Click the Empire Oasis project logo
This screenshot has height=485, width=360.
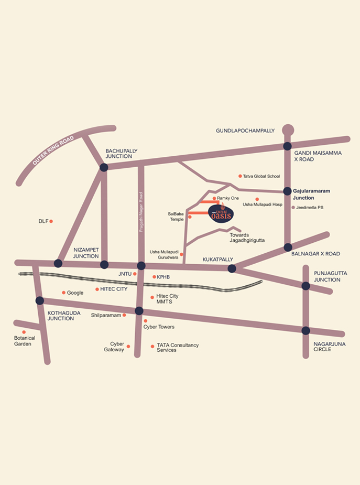coord(220,214)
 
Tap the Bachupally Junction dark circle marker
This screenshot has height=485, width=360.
coord(104,167)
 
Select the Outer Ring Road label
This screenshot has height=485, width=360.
coord(52,151)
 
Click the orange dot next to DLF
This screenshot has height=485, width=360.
coord(51,221)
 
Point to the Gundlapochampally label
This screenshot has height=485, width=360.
coord(245,131)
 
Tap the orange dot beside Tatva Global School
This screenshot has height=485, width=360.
coord(240,176)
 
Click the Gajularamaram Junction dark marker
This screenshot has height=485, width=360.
coord(287,191)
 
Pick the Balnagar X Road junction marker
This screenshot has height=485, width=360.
coord(288,247)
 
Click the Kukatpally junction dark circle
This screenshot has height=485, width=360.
coord(232,268)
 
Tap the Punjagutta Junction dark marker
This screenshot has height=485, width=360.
coord(306,286)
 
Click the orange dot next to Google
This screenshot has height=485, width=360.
coord(63,293)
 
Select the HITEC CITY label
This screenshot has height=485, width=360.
coord(114,289)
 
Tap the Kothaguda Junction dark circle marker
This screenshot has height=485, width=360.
coord(39,300)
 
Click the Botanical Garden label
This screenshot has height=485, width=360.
coord(25,341)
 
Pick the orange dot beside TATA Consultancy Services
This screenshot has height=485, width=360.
coord(152,346)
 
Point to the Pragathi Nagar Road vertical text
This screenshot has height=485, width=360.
coord(141,212)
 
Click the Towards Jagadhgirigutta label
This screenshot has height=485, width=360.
coord(247,238)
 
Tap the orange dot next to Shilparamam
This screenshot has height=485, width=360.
coord(124,315)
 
